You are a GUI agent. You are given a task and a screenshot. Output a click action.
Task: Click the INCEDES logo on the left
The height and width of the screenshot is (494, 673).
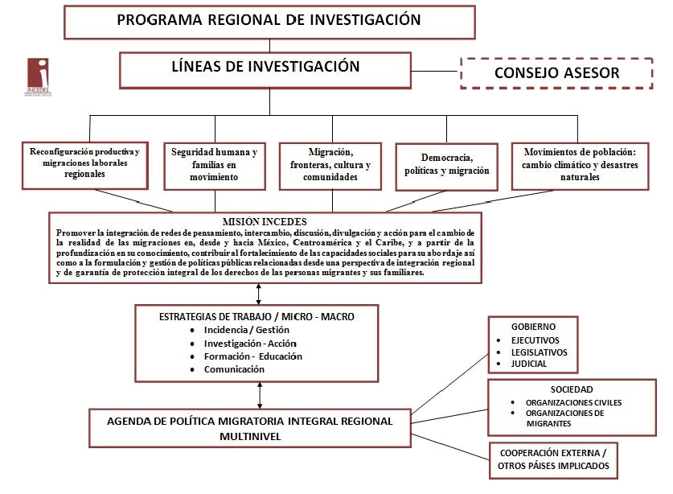pos(38,76)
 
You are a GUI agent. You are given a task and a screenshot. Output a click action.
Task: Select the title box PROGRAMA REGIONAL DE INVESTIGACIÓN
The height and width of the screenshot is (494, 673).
pos(269,21)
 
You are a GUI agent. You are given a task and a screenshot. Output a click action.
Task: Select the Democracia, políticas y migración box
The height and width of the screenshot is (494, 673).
pos(448,164)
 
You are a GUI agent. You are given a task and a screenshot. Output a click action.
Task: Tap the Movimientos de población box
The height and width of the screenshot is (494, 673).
pos(580,164)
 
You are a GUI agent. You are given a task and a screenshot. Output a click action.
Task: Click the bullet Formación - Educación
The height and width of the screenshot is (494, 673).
pos(253,356)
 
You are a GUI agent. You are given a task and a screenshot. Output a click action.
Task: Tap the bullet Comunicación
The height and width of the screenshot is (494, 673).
pos(234,369)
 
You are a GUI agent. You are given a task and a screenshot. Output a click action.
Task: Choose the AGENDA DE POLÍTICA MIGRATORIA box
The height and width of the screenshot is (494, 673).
pos(251,428)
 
